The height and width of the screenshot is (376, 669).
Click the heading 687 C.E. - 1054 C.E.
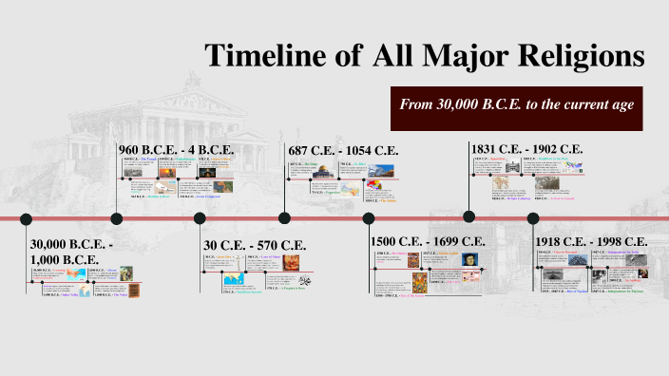pos(343,150)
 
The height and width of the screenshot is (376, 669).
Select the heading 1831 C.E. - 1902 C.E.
pos(526,149)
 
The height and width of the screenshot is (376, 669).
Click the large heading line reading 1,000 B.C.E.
pos(67,259)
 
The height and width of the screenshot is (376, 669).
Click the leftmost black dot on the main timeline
pos(27,218)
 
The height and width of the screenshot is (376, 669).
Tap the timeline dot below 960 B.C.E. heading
pos(117,218)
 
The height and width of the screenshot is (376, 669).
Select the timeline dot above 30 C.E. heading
pos(200,218)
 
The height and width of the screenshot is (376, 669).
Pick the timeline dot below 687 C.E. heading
pos(285,218)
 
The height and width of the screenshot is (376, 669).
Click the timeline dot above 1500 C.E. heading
pos(369,218)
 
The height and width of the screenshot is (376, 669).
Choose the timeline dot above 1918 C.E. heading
pos(532,218)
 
